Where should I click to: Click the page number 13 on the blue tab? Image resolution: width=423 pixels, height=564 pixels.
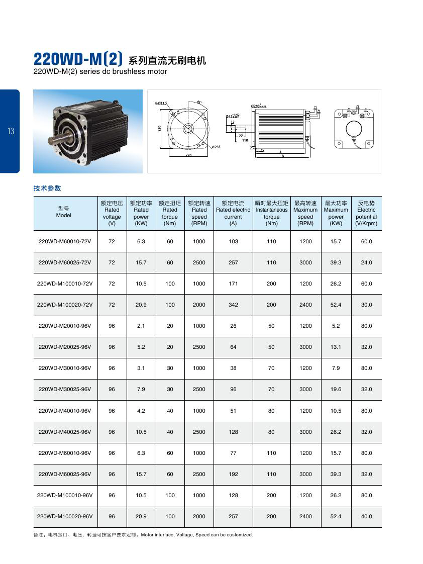(11, 132)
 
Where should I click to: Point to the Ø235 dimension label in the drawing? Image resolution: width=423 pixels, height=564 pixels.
(217, 147)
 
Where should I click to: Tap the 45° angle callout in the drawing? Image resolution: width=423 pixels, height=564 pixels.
(199, 102)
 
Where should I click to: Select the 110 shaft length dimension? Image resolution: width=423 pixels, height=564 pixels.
(245, 140)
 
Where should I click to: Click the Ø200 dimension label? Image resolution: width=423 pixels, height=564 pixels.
(258, 106)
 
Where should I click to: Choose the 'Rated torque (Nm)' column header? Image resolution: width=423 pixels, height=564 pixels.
(170, 213)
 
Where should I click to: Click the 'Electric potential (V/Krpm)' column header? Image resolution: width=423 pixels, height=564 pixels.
(366, 213)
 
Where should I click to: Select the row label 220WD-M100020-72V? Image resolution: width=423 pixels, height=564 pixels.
(65, 305)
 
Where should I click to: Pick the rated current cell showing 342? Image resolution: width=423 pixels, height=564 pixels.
(233, 305)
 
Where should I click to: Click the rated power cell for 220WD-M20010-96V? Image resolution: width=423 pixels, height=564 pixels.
(141, 326)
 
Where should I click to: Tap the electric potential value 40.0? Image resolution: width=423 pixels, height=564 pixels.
(366, 516)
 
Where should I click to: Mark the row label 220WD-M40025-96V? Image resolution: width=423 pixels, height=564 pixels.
(65, 432)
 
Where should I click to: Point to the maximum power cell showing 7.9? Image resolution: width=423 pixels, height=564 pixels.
(336, 368)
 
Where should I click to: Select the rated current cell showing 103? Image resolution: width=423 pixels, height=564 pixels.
(233, 241)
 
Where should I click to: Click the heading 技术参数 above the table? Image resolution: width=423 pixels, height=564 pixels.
(47, 188)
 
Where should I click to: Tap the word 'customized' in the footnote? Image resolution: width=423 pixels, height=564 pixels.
(240, 535)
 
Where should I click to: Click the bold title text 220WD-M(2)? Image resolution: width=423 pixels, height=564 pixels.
(78, 59)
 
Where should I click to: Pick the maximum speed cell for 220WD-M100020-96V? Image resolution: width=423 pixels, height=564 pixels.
(305, 516)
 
